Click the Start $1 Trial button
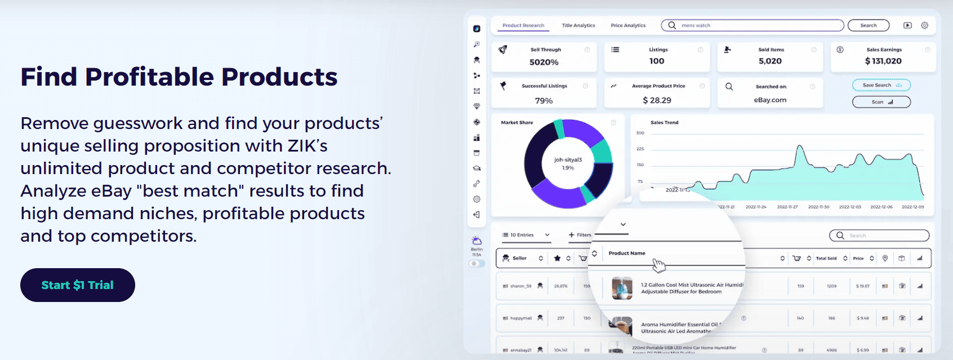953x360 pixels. click(78, 285)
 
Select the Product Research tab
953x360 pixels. click(523, 25)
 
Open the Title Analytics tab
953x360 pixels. click(578, 25)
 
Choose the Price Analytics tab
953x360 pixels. click(628, 25)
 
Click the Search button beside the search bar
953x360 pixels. click(868, 25)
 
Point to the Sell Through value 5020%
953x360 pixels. click(544, 62)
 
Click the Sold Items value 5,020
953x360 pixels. click(770, 61)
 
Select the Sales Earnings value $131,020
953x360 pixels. click(883, 61)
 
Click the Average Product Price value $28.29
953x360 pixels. click(657, 100)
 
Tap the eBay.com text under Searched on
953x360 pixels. click(770, 100)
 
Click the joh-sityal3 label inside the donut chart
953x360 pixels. click(568, 160)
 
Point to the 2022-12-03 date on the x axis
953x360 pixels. click(850, 207)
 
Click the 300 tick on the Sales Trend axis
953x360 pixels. click(640, 133)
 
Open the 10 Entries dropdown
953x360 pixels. click(526, 235)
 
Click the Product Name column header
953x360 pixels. click(627, 253)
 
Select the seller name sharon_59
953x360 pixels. click(520, 286)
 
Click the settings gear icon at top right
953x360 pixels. click(924, 25)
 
